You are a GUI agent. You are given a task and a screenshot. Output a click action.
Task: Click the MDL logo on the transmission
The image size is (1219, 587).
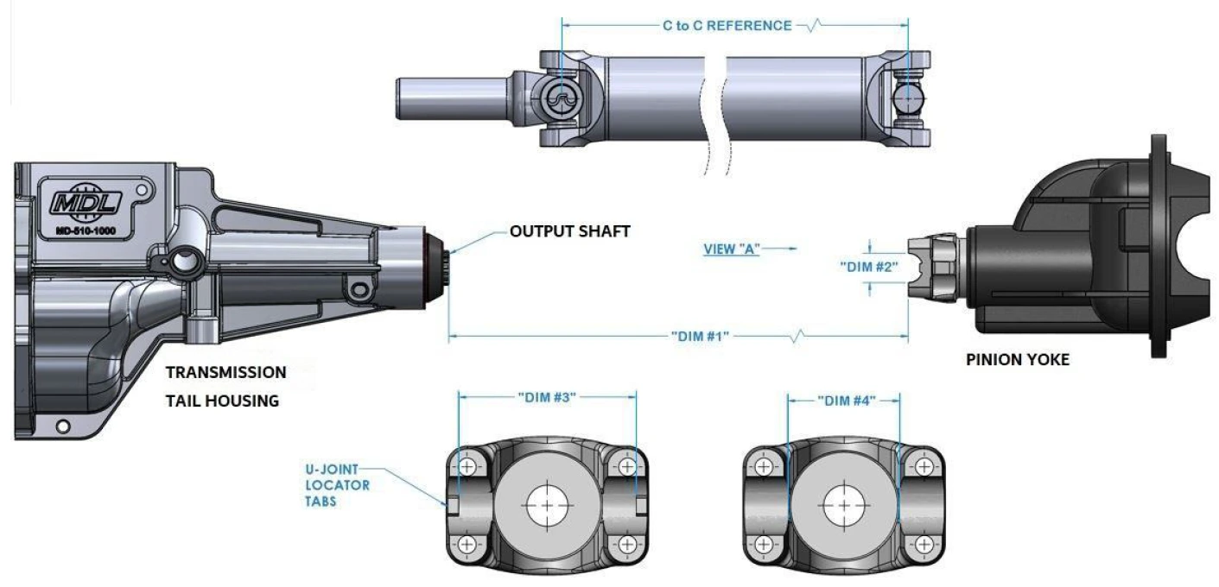(x=86, y=202)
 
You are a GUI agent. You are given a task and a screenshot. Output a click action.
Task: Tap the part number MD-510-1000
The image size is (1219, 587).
(x=86, y=231)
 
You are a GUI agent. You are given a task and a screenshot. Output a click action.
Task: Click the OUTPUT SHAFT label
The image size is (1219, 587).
(x=570, y=231)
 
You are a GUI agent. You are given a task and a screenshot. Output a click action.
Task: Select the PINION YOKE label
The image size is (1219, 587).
(x=1018, y=359)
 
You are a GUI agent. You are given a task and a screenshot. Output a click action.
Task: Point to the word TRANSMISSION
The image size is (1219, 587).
(x=225, y=372)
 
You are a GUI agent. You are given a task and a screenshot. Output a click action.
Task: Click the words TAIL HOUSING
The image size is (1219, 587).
(x=222, y=401)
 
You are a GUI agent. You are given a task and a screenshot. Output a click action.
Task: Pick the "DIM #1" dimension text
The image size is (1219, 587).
(x=700, y=337)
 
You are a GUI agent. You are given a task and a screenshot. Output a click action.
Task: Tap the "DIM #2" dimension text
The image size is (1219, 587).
(x=869, y=267)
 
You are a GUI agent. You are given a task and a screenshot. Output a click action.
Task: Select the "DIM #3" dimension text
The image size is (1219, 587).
(x=547, y=397)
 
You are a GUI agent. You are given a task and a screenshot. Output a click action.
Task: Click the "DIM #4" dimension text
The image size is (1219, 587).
(x=847, y=401)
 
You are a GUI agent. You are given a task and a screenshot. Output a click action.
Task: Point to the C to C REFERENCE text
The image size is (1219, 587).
(x=727, y=26)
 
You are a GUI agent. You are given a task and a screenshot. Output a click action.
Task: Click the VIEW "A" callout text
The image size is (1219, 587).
(x=732, y=249)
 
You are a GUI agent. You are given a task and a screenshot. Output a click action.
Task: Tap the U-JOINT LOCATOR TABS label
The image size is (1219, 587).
(x=338, y=485)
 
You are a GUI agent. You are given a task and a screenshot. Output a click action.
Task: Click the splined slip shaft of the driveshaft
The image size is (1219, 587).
(x=453, y=98)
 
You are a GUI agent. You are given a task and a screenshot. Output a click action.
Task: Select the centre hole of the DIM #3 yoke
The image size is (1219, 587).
(x=548, y=506)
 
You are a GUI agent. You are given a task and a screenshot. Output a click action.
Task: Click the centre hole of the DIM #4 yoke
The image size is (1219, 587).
(x=844, y=506)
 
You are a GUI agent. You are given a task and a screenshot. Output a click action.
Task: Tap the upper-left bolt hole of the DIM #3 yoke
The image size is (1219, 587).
(x=467, y=466)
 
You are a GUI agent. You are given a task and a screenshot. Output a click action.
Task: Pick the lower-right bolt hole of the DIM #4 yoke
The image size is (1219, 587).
(x=924, y=544)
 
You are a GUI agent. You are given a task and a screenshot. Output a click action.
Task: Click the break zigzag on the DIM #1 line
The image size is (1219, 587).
(x=797, y=336)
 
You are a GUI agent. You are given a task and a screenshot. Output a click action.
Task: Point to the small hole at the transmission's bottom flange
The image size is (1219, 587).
(x=63, y=426)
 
